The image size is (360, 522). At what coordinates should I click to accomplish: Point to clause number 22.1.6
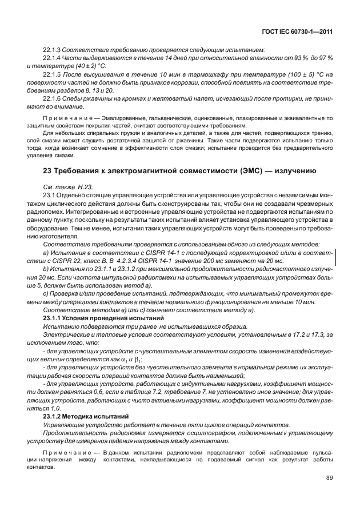51,98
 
